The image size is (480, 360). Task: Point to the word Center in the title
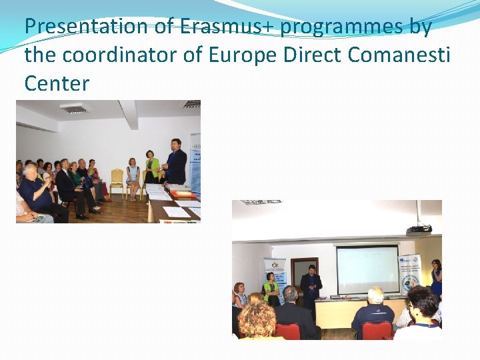point(57,83)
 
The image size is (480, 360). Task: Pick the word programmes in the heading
point(342,27)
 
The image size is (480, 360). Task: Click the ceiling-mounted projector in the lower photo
point(418,229)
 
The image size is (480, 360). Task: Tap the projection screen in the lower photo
point(367,269)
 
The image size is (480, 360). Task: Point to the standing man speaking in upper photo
point(175,162)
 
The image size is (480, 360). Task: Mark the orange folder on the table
point(183,195)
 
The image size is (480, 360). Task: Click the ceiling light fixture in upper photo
point(74,108)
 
